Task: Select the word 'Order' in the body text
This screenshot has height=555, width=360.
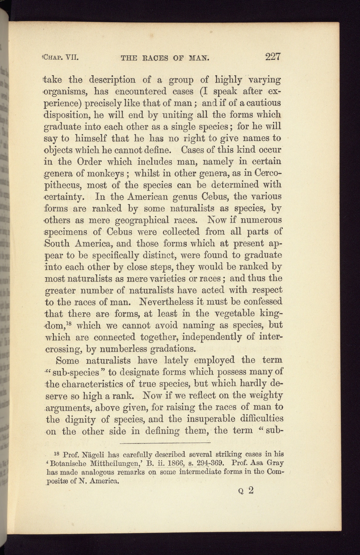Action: pos(89,162)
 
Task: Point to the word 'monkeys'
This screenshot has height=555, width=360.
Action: pos(107,173)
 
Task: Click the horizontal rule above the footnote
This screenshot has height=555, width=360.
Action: pos(165,443)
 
